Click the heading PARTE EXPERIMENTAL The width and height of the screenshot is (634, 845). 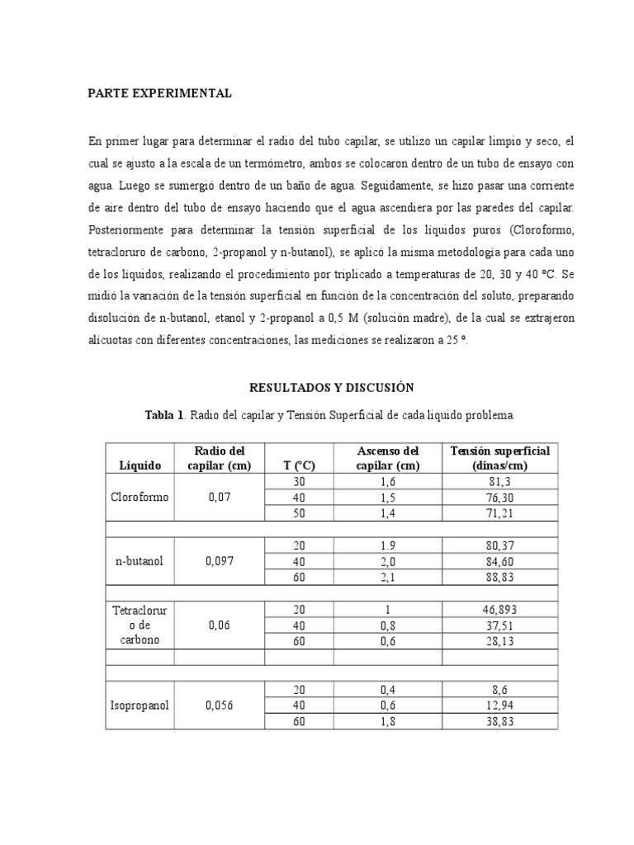coord(160,94)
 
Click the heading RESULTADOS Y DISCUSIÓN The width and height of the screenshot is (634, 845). coord(331,387)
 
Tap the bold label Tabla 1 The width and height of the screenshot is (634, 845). coord(164,414)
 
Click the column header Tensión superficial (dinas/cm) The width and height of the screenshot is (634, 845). coord(499,458)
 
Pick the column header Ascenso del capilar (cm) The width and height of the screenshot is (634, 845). coord(387,458)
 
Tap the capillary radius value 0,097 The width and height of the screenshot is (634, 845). coord(220,561)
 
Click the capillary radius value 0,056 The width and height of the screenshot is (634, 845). coord(220,706)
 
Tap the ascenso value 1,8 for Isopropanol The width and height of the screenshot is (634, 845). coord(387,722)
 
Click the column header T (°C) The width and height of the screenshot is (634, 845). coord(296,465)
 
